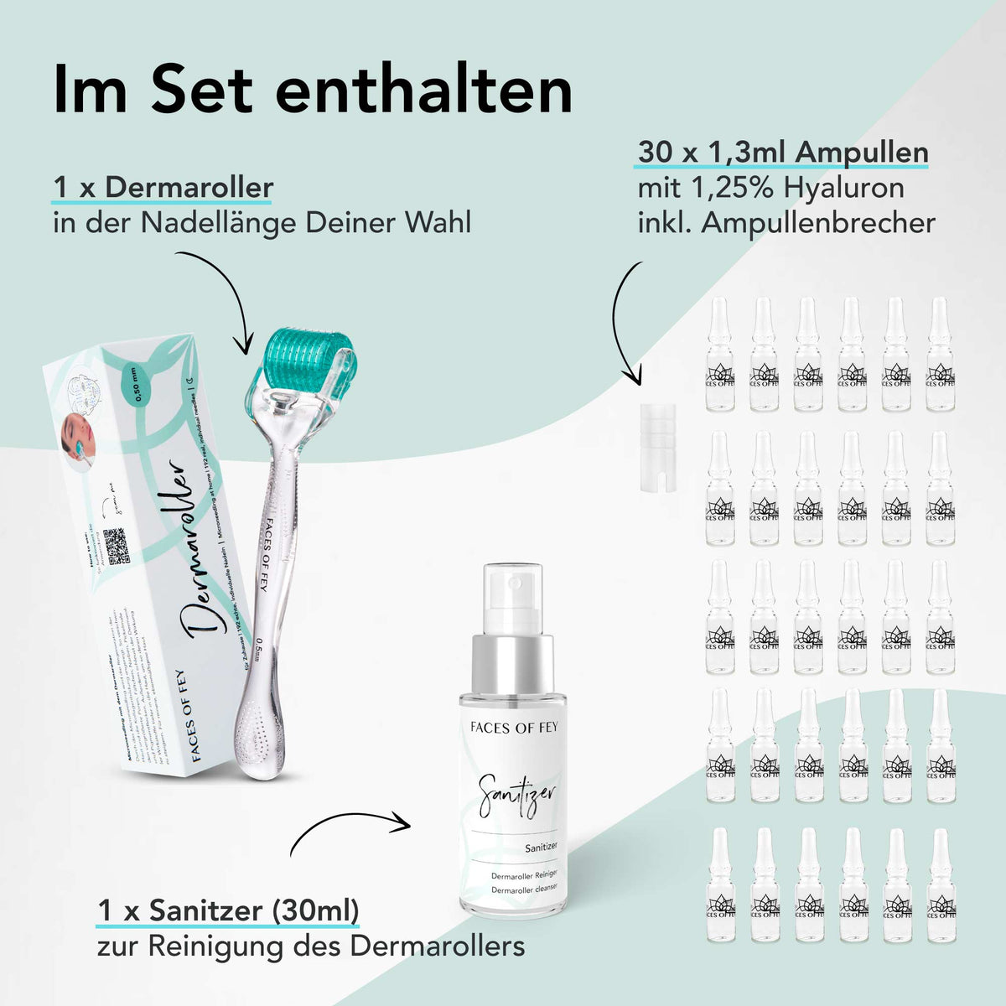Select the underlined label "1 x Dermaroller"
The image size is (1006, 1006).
point(163,186)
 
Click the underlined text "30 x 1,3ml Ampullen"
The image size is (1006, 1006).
point(783,153)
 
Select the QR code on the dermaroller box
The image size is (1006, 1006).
point(117,546)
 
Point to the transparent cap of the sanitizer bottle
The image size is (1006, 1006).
point(513,596)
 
